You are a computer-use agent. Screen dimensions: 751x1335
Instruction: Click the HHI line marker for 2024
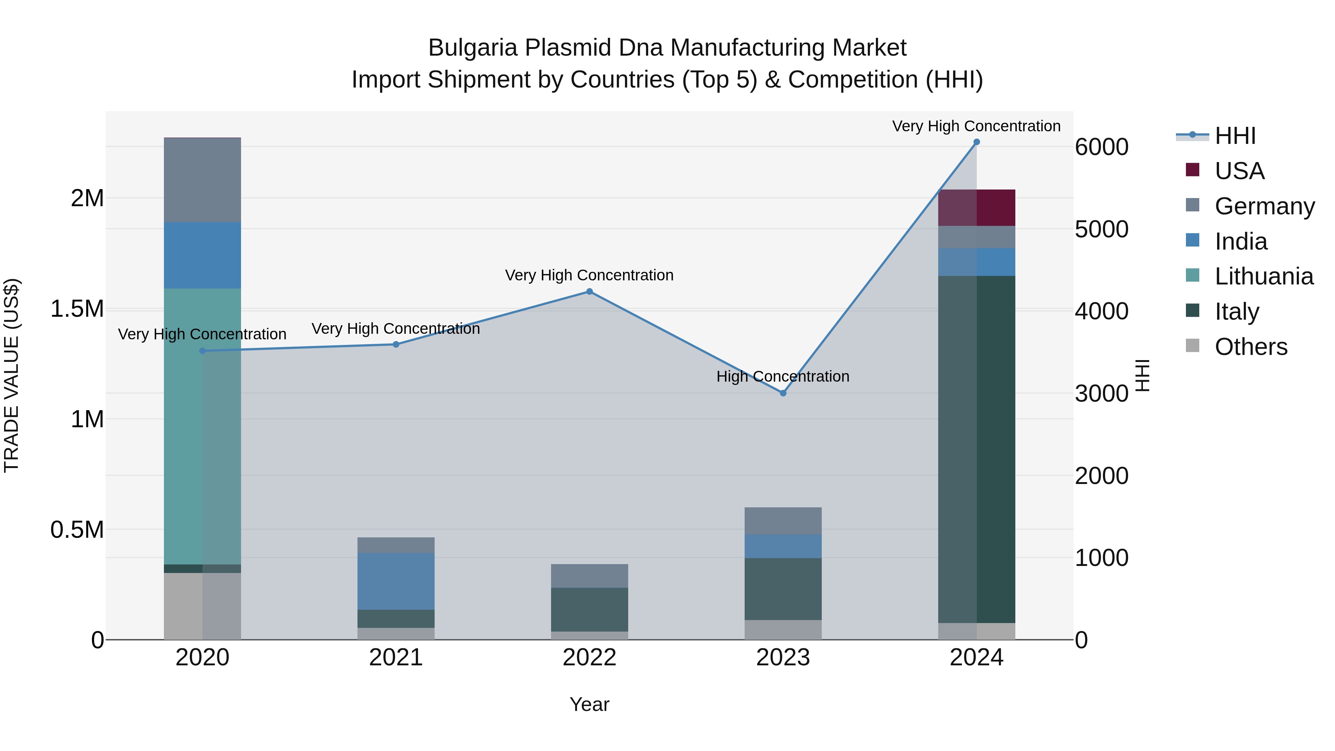click(976, 142)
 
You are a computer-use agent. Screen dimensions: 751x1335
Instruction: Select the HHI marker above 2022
click(589, 292)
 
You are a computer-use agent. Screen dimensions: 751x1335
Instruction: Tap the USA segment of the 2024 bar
click(976, 208)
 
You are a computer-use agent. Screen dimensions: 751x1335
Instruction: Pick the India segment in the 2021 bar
click(396, 581)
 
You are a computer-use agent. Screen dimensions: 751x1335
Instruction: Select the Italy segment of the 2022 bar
click(589, 609)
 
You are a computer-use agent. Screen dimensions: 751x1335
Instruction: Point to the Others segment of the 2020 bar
click(202, 606)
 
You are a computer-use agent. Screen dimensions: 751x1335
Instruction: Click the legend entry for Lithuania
click(1263, 276)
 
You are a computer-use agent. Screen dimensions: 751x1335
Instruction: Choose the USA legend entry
click(1239, 171)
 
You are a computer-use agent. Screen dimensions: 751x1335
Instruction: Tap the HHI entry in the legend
click(1235, 136)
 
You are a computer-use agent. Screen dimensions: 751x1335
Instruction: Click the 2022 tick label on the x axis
click(589, 658)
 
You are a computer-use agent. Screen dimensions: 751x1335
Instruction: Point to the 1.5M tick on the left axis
click(77, 309)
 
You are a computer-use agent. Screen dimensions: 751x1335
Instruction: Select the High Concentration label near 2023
click(782, 376)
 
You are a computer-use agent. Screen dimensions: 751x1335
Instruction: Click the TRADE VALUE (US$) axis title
click(11, 375)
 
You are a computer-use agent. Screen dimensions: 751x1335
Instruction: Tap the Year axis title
click(589, 704)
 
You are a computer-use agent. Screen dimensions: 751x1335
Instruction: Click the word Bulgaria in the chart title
click(473, 48)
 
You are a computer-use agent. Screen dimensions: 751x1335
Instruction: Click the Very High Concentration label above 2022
click(589, 275)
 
